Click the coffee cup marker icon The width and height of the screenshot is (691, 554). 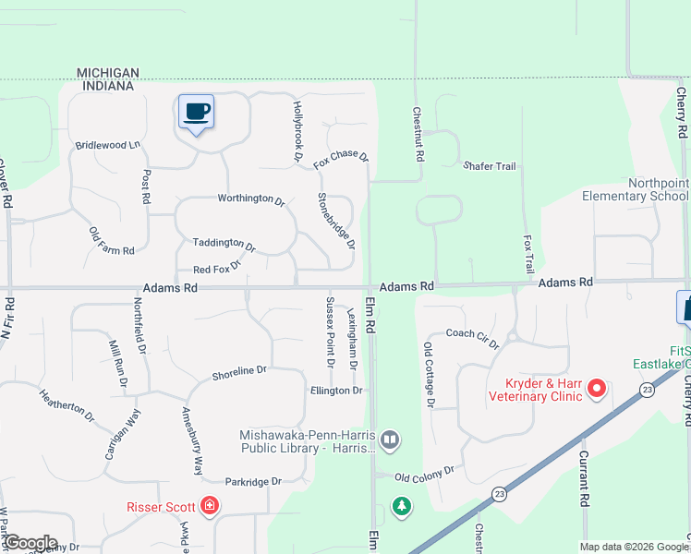click(196, 113)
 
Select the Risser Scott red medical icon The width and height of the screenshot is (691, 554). click(210, 506)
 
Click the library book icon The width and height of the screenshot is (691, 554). click(390, 440)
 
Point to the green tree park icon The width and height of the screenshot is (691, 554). click(401, 506)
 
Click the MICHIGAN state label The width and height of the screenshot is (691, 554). click(108, 73)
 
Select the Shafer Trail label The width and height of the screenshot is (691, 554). click(489, 166)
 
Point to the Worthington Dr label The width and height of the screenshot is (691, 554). click(251, 199)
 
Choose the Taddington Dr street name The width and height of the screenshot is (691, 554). click(224, 244)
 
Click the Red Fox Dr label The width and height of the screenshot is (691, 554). click(216, 268)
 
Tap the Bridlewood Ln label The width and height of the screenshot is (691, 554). click(107, 145)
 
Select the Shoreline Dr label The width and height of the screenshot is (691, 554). click(239, 372)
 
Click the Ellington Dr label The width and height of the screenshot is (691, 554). click(336, 391)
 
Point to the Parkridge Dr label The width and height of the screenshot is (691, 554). click(252, 481)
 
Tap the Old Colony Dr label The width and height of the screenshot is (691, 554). click(425, 473)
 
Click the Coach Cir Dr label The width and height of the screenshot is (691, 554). click(472, 338)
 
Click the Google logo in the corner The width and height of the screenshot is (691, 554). click(30, 543)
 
